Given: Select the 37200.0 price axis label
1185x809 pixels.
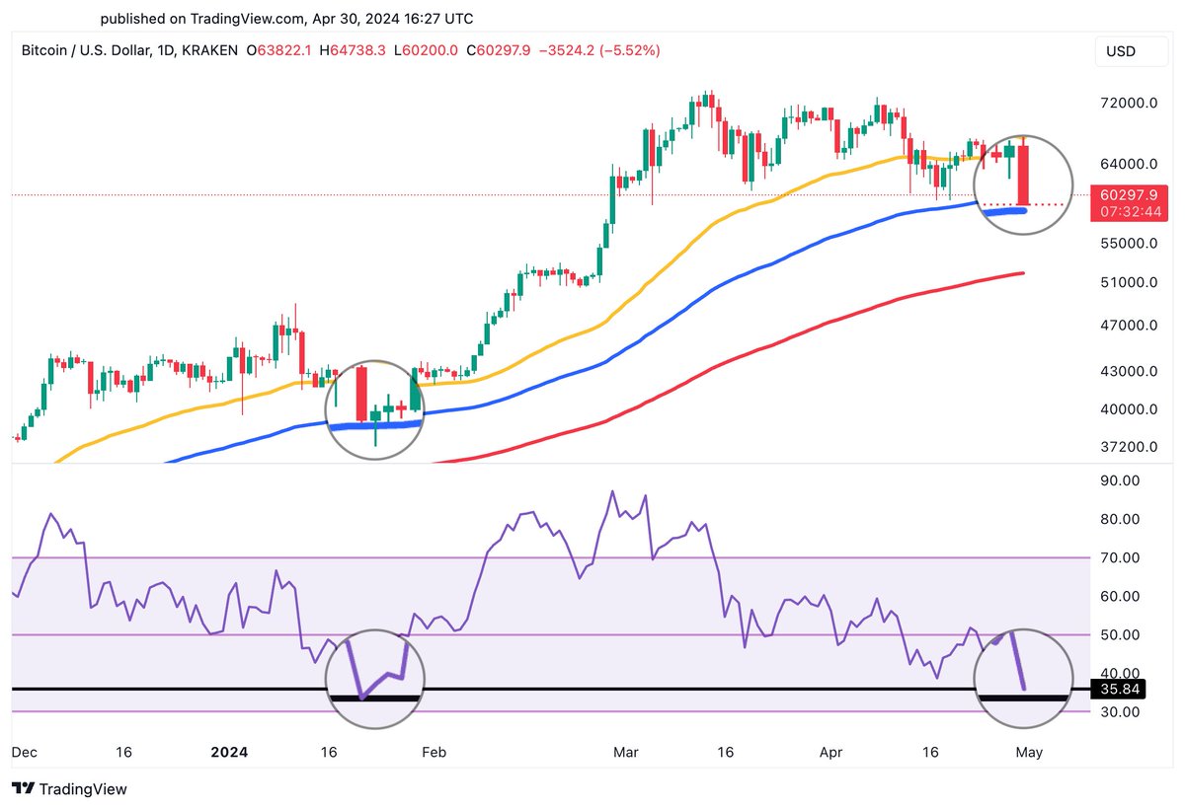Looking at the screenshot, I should pos(1129,447).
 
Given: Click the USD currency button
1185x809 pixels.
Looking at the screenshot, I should pos(1121,50).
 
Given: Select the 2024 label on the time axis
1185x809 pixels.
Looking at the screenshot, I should pos(229,752).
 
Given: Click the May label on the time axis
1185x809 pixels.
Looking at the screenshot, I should pos(1029,752).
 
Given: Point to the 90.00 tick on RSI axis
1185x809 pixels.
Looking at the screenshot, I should pos(1120,480).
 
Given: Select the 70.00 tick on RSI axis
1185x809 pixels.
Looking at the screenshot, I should pos(1120,558).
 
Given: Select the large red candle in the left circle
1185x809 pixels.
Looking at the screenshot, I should pos(361,395).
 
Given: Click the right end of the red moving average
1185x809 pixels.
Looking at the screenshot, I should pos(1020,273).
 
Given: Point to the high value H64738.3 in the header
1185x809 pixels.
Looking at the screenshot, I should pos(365,50).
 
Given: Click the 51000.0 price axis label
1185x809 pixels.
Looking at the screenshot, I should pos(1129,282).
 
